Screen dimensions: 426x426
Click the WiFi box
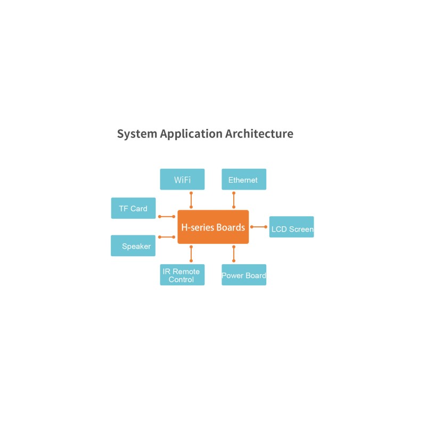(x=182, y=179)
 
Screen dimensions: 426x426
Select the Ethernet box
(x=244, y=179)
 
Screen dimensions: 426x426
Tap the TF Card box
(x=134, y=208)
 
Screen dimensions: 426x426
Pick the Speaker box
(x=133, y=245)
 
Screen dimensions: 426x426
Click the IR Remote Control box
(x=182, y=275)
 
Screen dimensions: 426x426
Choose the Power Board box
(x=244, y=275)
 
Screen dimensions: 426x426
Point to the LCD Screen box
(x=291, y=227)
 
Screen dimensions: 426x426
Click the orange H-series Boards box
(x=214, y=227)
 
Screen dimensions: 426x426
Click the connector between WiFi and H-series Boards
(x=191, y=200)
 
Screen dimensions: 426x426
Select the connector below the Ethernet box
(x=234, y=200)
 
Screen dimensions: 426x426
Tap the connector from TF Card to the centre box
(x=167, y=217)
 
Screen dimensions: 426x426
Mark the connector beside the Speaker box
(x=167, y=237)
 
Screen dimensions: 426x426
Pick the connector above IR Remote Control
(x=191, y=254)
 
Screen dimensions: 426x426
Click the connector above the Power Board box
(x=234, y=254)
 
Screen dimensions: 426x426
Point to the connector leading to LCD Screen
(x=259, y=227)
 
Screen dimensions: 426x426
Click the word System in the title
(x=137, y=134)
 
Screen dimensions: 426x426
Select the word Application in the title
(x=191, y=134)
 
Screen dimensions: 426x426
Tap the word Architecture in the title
(x=259, y=134)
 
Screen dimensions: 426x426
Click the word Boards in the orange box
(x=231, y=227)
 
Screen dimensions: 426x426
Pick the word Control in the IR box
(x=181, y=279)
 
